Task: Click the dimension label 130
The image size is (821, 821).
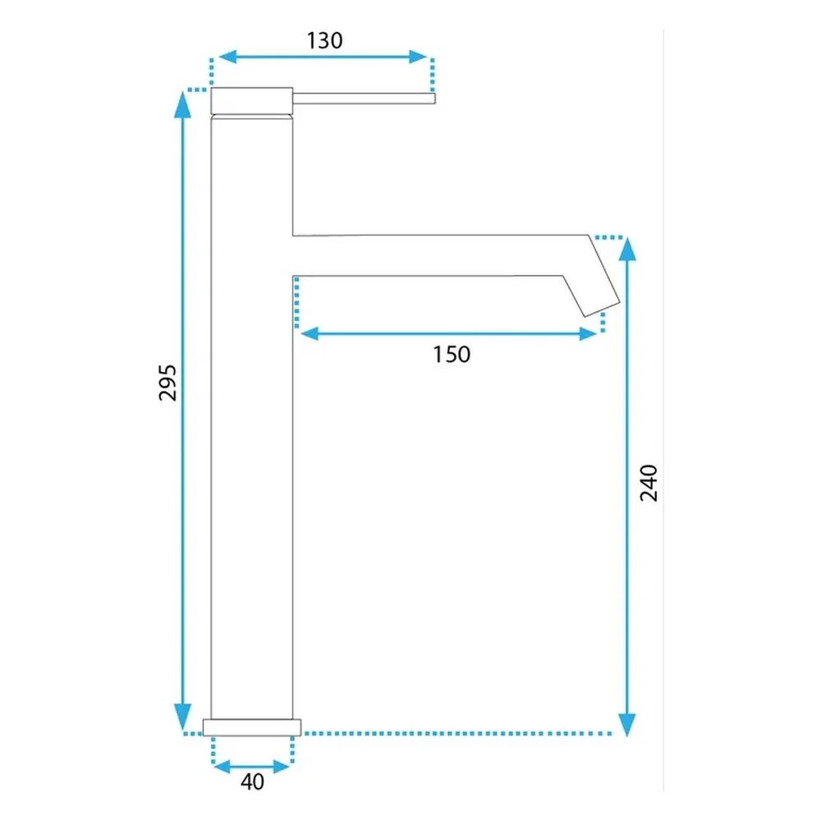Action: pos(324,41)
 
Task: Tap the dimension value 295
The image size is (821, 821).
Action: pos(167,383)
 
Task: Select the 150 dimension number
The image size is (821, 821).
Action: pos(452,355)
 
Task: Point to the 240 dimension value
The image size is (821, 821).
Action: pos(649,483)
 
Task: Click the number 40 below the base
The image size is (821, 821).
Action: pos(252,782)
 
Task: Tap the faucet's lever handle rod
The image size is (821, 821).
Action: pos(364,99)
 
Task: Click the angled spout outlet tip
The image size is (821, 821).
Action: pos(602,309)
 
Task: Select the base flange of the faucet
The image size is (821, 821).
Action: pos(252,727)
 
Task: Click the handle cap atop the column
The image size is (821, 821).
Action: pos(252,101)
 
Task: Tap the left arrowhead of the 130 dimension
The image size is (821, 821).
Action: pos(227,57)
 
